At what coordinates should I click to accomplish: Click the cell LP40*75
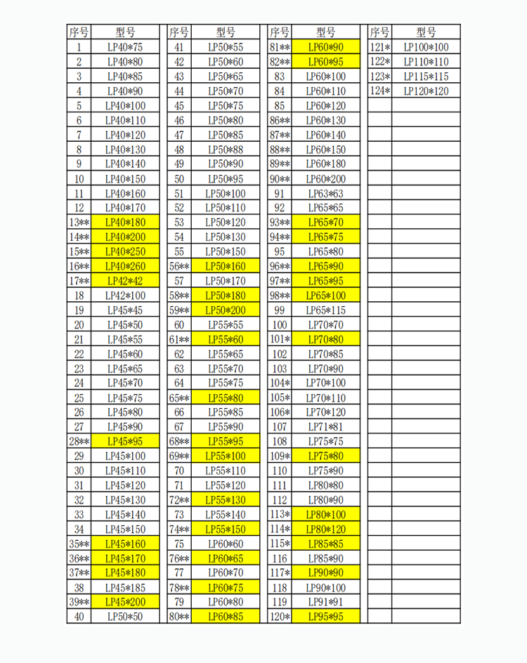[124, 47]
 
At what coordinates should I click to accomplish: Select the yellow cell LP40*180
[124, 222]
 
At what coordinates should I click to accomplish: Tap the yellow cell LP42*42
[124, 280]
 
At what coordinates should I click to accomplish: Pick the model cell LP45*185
[124, 588]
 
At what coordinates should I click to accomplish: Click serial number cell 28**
[79, 442]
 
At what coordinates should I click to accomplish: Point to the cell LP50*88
[225, 149]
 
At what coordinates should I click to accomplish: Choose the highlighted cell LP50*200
[225, 310]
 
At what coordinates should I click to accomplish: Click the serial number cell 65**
[179, 398]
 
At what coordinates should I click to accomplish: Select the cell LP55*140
[225, 515]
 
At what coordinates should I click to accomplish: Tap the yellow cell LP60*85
[225, 617]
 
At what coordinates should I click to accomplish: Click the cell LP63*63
[326, 193]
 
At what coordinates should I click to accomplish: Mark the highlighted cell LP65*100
[326, 295]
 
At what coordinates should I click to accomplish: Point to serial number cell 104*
[280, 383]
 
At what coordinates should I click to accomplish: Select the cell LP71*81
[326, 427]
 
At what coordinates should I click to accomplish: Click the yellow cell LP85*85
[326, 544]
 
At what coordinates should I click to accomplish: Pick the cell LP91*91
[326, 603]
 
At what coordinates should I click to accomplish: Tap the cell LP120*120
[426, 91]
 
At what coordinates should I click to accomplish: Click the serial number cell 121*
[379, 47]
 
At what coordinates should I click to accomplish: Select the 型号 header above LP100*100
[426, 32]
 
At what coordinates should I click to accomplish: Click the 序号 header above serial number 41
[179, 32]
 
